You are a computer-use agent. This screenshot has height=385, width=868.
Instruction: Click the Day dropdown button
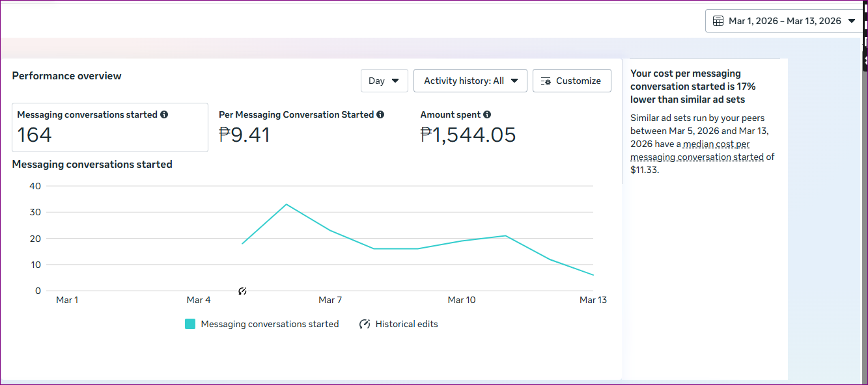pyautogui.click(x=384, y=81)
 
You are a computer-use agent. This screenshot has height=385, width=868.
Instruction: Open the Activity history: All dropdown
pyautogui.click(x=470, y=81)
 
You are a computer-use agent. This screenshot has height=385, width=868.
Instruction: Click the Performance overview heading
pyautogui.click(x=66, y=76)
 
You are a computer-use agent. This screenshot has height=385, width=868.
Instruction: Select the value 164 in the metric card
pyautogui.click(x=35, y=135)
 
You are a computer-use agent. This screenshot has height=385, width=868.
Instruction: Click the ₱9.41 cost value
pyautogui.click(x=244, y=135)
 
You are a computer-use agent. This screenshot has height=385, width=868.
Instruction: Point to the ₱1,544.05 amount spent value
pyautogui.click(x=468, y=135)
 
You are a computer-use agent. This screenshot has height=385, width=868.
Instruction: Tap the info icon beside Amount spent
pyautogui.click(x=487, y=114)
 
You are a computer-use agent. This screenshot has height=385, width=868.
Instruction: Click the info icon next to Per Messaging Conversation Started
pyautogui.click(x=380, y=114)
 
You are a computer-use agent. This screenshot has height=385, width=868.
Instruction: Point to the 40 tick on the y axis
pyautogui.click(x=35, y=186)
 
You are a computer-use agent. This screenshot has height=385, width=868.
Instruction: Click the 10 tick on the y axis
pyautogui.click(x=35, y=265)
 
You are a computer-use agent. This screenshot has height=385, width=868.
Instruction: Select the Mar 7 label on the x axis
pyautogui.click(x=330, y=300)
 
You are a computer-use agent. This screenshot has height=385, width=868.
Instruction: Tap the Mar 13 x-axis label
pyautogui.click(x=593, y=300)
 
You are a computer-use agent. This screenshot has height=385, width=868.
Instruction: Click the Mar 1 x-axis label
pyautogui.click(x=67, y=300)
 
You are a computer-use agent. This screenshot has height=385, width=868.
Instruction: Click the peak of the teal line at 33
pyautogui.click(x=286, y=204)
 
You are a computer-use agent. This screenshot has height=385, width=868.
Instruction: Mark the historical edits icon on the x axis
pyautogui.click(x=242, y=291)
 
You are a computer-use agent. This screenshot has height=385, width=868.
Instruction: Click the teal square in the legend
pyautogui.click(x=190, y=324)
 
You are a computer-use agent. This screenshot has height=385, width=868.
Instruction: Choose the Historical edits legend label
pyautogui.click(x=406, y=324)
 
